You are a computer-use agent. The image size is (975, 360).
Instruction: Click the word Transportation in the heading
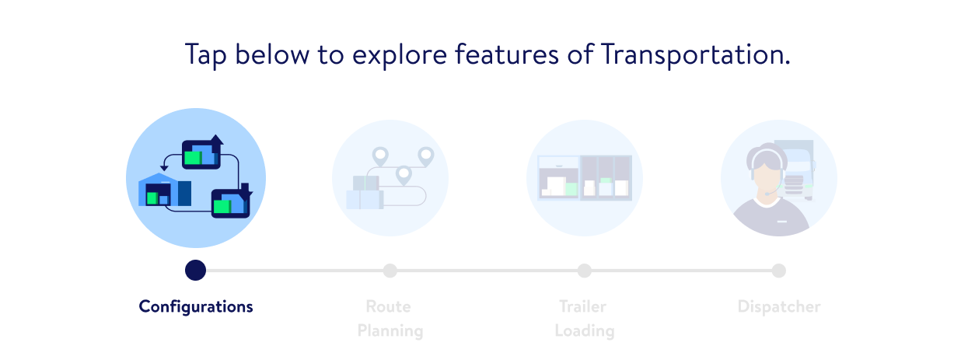coord(695,54)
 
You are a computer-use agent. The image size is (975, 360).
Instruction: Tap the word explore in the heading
coord(400,55)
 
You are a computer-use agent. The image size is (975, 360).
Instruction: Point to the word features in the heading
coord(507,54)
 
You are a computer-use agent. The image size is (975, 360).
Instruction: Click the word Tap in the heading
coord(206,56)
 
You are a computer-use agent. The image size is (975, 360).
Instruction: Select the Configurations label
coord(196,307)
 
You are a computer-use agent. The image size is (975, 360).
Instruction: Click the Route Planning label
coord(390,319)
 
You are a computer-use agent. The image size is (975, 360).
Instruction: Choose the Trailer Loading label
coord(585,319)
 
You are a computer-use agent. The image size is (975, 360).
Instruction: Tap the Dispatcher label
coord(779,306)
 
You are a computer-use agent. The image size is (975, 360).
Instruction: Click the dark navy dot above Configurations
coord(195,271)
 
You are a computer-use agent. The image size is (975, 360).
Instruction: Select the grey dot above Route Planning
coord(390,271)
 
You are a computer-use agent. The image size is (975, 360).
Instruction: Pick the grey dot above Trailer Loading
coord(585,271)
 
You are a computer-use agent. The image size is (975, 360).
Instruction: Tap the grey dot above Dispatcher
coord(779,271)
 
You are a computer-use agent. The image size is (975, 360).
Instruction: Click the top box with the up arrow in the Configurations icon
coord(202,152)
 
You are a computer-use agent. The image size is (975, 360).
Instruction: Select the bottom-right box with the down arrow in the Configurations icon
coord(232,201)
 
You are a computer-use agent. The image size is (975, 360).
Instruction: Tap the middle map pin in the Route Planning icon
coord(404,176)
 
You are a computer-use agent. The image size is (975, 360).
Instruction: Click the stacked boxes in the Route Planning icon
coord(365,192)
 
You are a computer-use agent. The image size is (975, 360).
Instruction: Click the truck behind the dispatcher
coord(795,170)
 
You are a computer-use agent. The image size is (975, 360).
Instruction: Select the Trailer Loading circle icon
coord(585,178)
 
